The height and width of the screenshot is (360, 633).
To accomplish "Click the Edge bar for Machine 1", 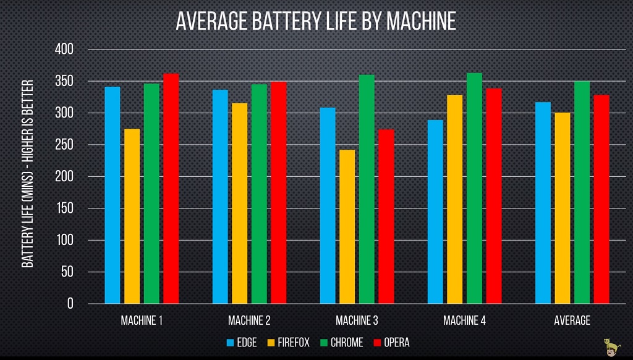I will pos(113,195).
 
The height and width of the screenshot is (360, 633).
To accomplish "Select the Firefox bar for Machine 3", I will pos(347,226).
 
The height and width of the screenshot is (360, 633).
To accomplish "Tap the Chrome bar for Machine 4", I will pos(475,188).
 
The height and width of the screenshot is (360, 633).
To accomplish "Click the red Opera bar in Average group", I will pos(601,199).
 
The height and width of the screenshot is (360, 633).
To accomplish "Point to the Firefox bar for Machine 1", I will pos(132,216).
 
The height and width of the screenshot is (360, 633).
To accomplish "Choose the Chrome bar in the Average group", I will pos(582,192).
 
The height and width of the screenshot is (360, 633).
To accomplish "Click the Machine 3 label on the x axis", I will pos(357,320).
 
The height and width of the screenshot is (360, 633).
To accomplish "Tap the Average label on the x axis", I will pos(572,320).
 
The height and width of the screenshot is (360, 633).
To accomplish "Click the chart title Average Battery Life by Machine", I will pos(316,22).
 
